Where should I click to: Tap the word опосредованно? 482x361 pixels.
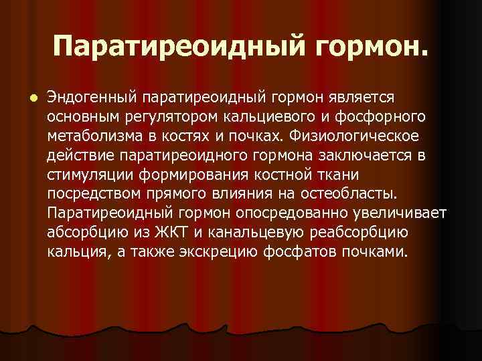pyautogui.click(x=289, y=213)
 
